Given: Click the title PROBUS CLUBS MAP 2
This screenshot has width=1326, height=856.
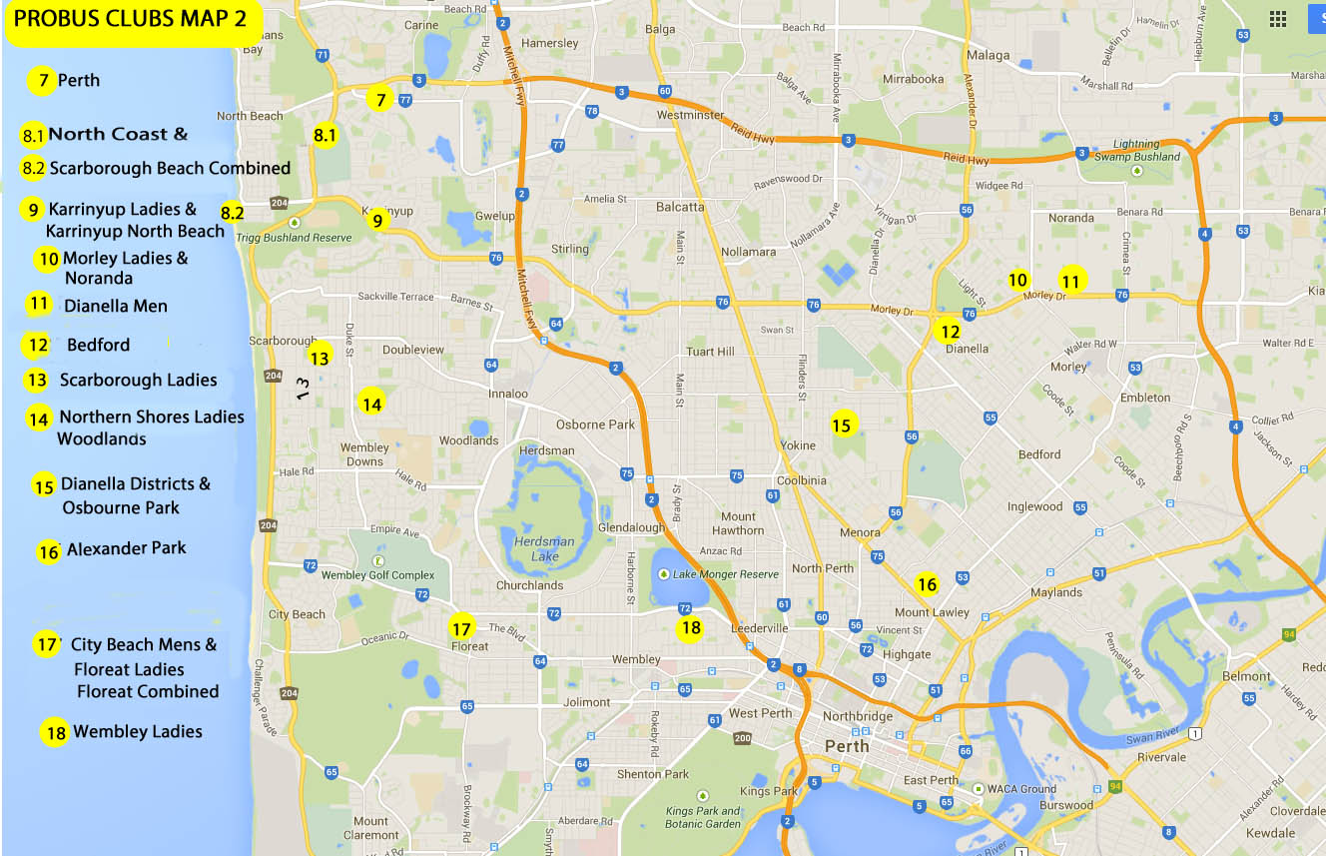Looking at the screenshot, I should click(x=132, y=21).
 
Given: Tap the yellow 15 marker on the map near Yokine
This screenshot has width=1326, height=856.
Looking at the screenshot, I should click(x=842, y=426).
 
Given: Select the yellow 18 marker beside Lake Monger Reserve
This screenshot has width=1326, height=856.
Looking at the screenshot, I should click(x=690, y=628).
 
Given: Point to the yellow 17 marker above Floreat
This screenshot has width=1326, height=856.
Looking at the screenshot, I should click(x=460, y=629).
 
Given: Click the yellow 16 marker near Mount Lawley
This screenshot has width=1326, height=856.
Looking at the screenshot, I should click(x=927, y=584).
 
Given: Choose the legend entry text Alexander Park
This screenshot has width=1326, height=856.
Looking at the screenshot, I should click(x=126, y=548).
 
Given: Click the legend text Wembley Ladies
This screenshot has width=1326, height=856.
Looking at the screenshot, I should click(x=137, y=732).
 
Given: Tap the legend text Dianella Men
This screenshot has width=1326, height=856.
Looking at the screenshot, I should click(x=115, y=306).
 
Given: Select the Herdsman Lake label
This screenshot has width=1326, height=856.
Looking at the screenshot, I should click(x=543, y=548).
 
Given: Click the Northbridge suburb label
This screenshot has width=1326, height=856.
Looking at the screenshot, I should click(x=857, y=716).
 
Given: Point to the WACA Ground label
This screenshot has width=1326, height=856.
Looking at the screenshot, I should click(x=1021, y=789).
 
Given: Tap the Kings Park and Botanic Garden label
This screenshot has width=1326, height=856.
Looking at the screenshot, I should click(x=703, y=817).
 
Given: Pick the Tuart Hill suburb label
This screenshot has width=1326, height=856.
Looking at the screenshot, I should click(x=710, y=352).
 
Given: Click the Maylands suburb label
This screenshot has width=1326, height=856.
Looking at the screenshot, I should click(x=1056, y=592).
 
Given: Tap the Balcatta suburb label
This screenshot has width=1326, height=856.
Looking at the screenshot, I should click(x=680, y=208).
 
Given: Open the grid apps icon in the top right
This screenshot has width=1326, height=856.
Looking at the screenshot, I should click(x=1277, y=19).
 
